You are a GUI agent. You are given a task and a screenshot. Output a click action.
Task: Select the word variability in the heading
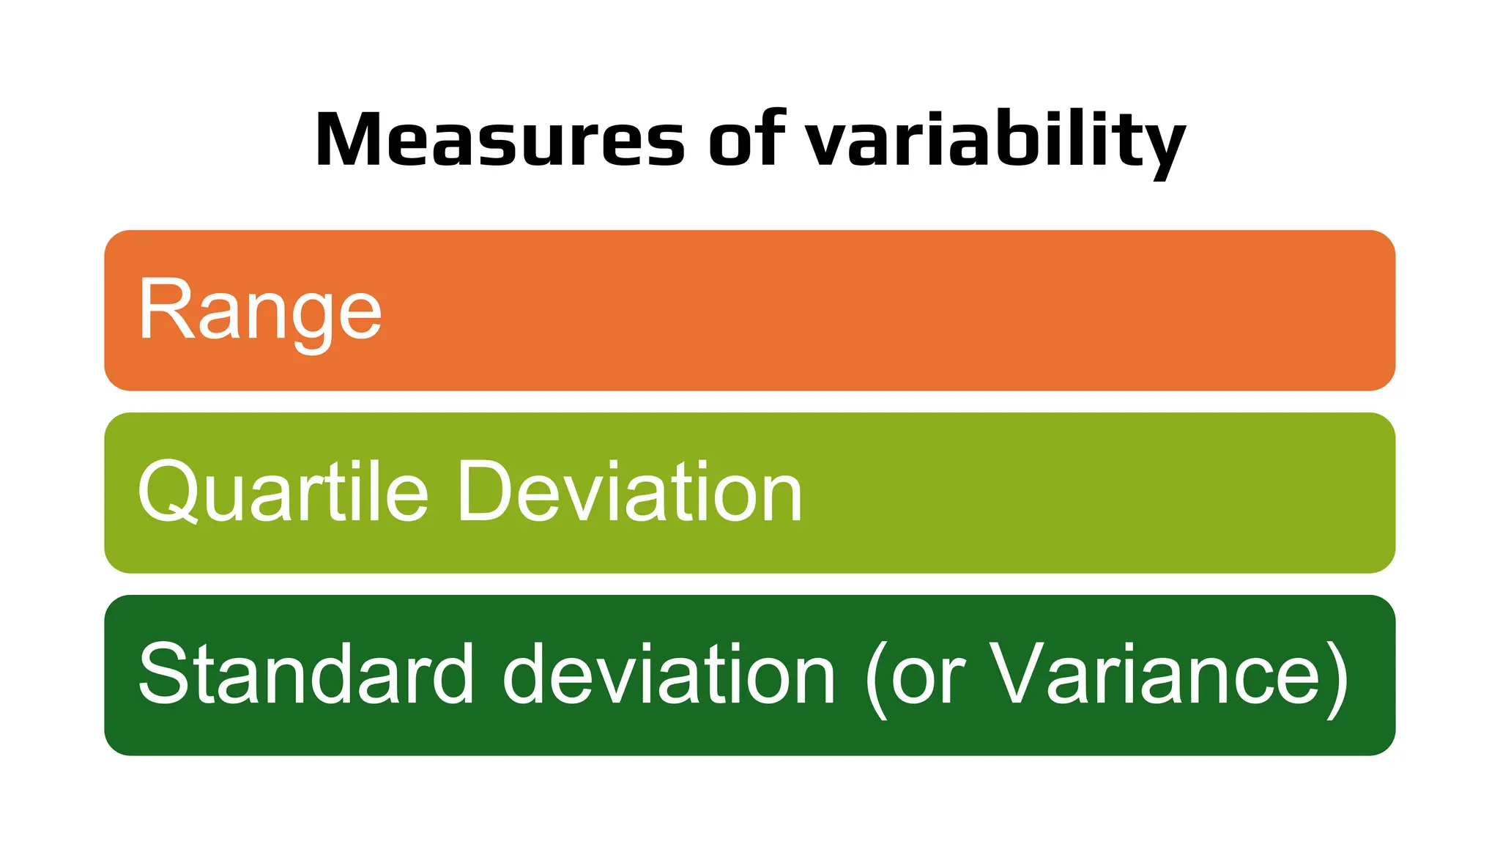(x=995, y=141)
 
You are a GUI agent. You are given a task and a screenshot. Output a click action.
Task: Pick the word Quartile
(x=283, y=492)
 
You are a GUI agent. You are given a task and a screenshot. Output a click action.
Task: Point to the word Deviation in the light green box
(x=630, y=492)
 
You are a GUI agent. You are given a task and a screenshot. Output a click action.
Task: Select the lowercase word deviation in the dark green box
(x=669, y=673)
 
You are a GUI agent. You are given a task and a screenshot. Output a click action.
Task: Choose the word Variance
(x=1155, y=673)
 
